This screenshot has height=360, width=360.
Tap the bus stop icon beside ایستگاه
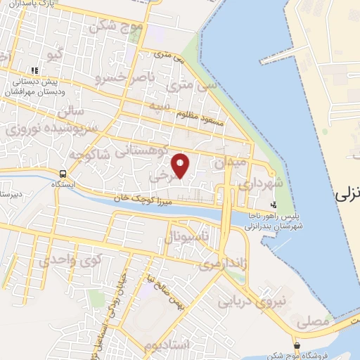[x=63, y=174]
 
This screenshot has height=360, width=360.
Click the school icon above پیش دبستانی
[x=33, y=71]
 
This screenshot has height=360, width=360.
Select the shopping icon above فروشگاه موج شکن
[x=297, y=346]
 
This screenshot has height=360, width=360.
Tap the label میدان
[x=231, y=162]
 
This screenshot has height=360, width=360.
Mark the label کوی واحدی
[x=70, y=260]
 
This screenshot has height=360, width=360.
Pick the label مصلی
[x=313, y=322]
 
